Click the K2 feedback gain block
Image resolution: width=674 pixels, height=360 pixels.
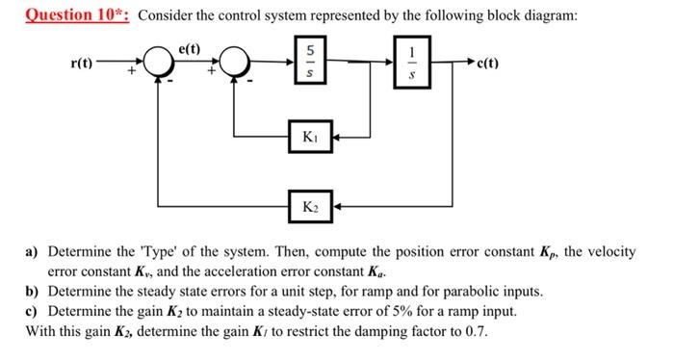[311, 205]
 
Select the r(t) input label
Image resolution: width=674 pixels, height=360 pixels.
[83, 64]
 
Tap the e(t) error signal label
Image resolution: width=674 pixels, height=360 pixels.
[190, 48]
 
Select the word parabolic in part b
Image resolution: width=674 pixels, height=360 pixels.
[474, 291]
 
